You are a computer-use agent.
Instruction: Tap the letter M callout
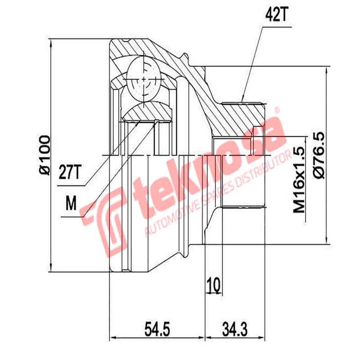click(x=70, y=204)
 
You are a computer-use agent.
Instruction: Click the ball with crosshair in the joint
click(x=144, y=81)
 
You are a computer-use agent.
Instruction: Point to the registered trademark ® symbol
click(x=278, y=109)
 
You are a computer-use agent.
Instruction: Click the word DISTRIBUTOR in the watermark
click(x=260, y=169)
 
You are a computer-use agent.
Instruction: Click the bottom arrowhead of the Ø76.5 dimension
click(x=325, y=241)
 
